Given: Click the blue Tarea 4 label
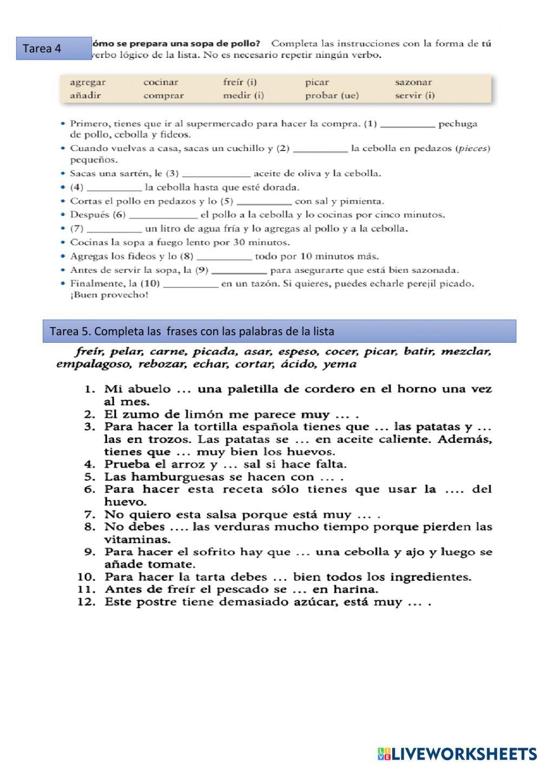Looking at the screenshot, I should (x=54, y=48).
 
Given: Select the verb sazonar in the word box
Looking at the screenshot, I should (x=413, y=82).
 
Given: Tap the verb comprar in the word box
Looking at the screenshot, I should (x=163, y=96).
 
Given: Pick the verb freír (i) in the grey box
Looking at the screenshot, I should (x=240, y=82).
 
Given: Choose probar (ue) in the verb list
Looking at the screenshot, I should (x=332, y=96).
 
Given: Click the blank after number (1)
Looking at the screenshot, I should (x=408, y=125).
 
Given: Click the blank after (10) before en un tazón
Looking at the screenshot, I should (x=190, y=284).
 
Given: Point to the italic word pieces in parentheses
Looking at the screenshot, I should (x=473, y=148).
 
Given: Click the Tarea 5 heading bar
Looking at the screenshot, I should (x=279, y=331).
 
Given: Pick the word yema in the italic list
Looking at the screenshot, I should (x=340, y=364).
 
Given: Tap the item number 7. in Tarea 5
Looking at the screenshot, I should (x=90, y=514).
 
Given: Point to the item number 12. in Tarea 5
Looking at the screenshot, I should (x=87, y=602).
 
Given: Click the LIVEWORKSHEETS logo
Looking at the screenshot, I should (x=457, y=753).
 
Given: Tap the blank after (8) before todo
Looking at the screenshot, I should (x=224, y=257).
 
